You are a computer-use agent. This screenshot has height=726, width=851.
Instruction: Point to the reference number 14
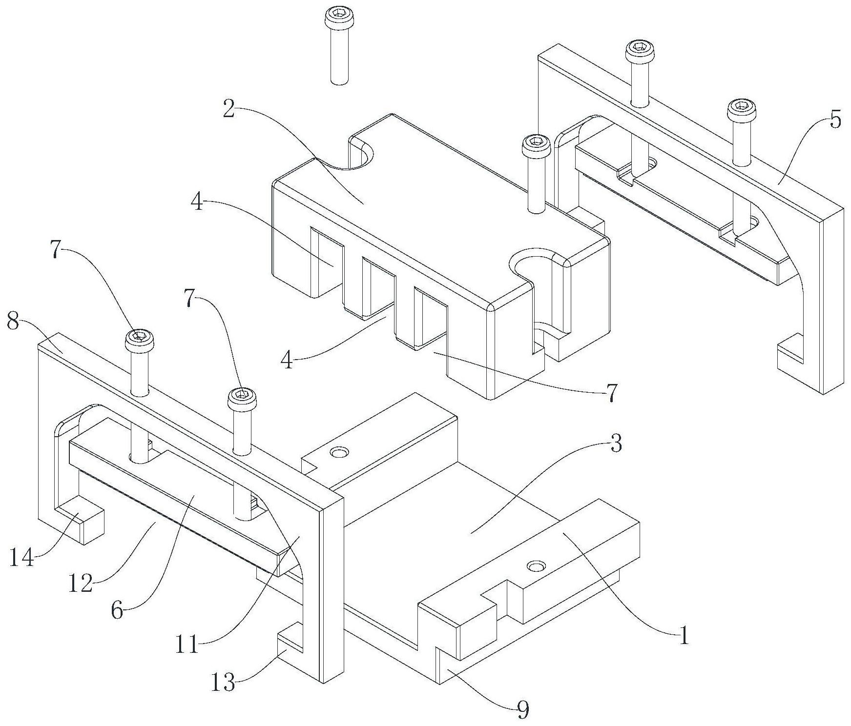pos(22,558)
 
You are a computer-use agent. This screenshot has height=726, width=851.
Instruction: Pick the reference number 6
pos(117,610)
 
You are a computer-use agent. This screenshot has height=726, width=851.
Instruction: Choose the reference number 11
pos(188,645)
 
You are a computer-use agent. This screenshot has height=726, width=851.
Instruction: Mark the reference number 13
pos(223,682)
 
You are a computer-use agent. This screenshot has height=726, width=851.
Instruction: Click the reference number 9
pos(522,710)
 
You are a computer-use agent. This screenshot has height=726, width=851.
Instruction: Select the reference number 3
pos(616,444)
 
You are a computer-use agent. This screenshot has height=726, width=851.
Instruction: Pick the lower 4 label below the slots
pos(288,362)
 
